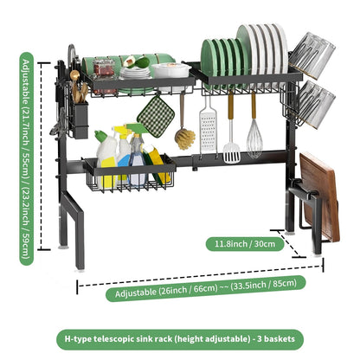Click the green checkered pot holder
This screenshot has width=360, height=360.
[156, 110]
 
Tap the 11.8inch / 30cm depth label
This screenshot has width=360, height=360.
[247, 244]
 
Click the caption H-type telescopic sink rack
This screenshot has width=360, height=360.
[179, 337]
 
